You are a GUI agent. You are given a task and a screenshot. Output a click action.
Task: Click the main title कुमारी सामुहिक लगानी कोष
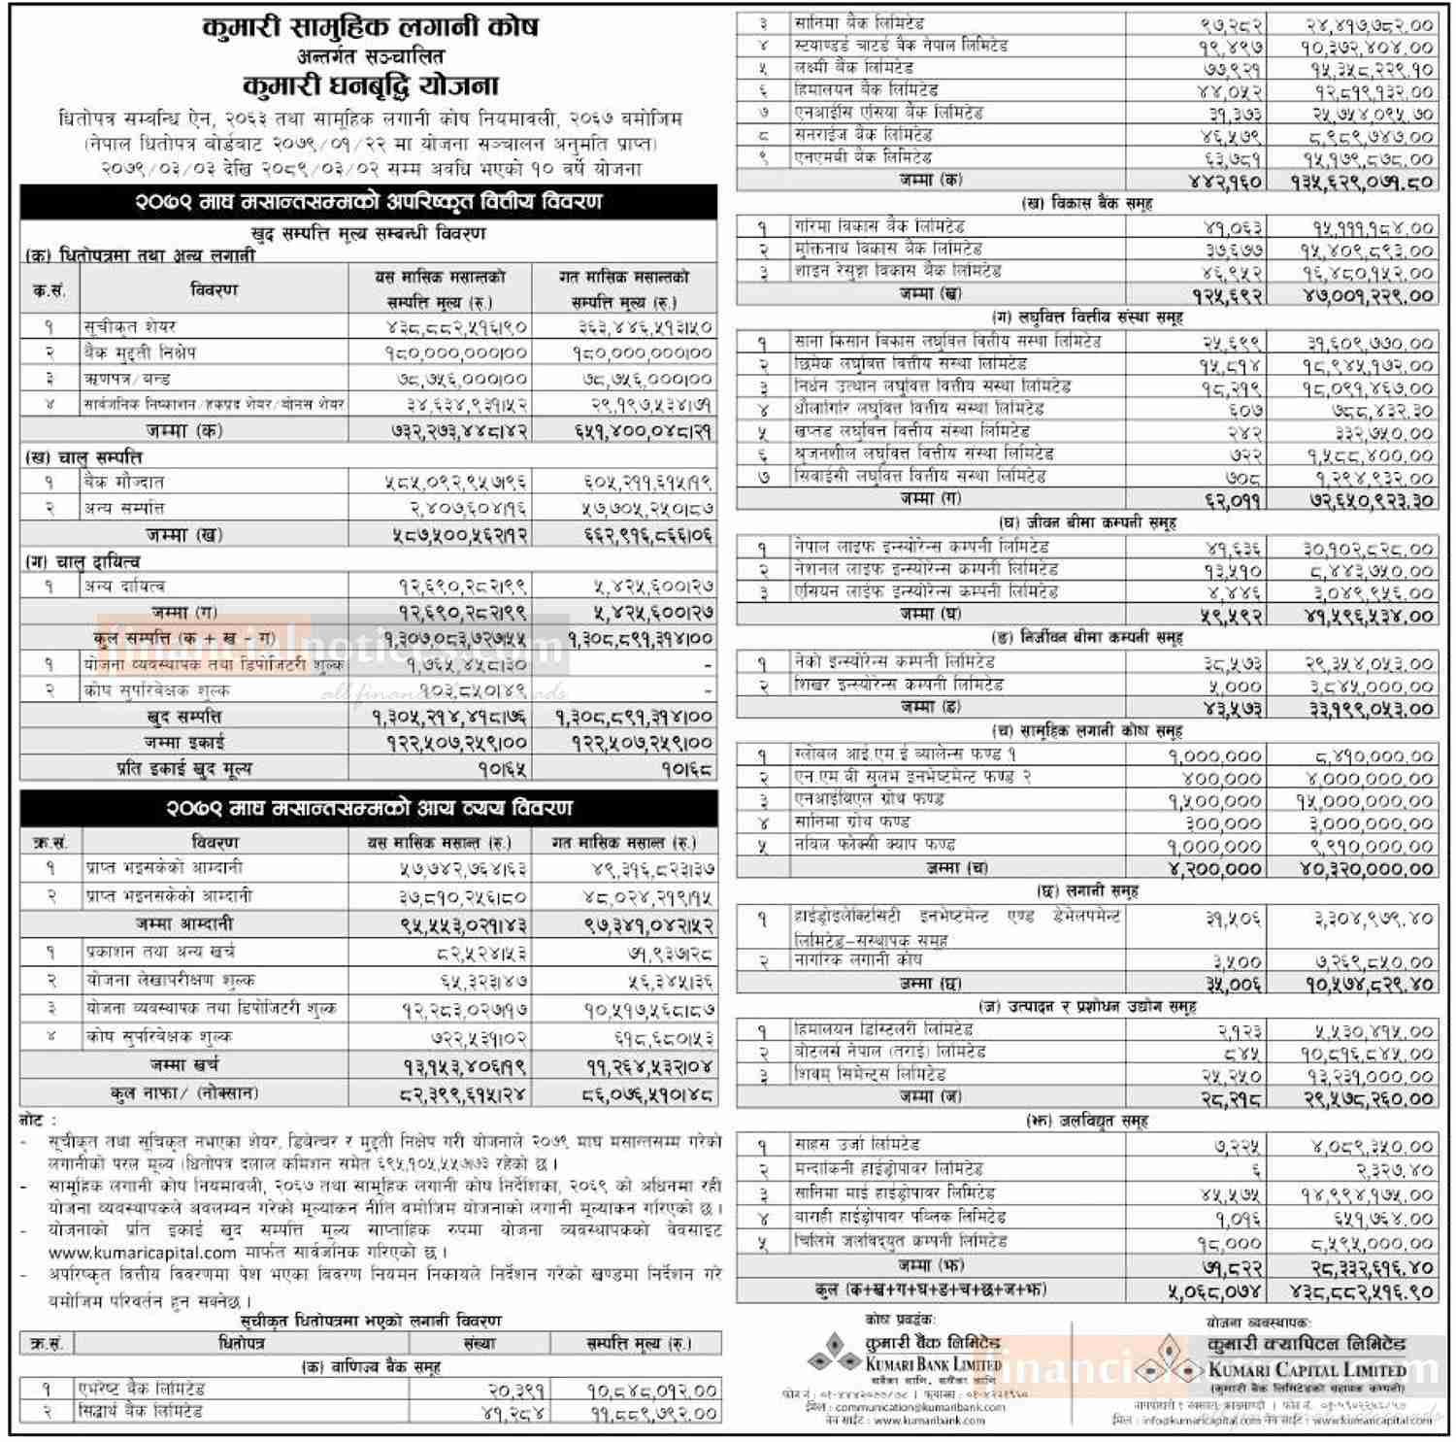[x=369, y=26]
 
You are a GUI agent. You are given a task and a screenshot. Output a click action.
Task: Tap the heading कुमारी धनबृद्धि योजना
[x=369, y=85]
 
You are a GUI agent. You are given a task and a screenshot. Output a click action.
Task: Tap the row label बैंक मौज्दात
[x=124, y=482]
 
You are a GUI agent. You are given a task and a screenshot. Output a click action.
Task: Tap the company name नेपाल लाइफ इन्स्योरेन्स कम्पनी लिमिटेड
[x=920, y=547]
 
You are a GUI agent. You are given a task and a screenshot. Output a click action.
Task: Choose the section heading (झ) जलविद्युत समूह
[x=1086, y=1121]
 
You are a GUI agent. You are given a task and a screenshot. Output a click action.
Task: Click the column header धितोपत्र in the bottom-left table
[x=241, y=1344]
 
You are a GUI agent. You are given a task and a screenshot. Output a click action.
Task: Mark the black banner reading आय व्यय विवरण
[x=369, y=808]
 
